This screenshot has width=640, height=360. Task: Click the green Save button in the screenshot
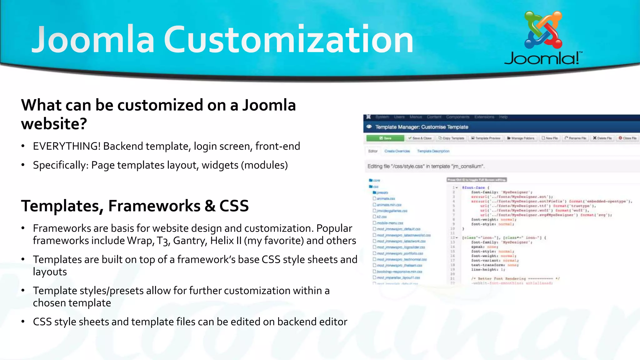click(385, 138)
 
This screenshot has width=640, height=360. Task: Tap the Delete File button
click(602, 138)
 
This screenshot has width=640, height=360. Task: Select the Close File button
click(627, 138)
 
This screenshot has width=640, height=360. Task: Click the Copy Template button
click(451, 138)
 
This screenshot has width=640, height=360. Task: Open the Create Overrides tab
click(397, 151)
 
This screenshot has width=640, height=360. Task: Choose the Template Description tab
click(433, 151)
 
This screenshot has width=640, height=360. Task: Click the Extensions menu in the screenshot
click(484, 117)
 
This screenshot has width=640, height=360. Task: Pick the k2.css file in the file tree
click(381, 217)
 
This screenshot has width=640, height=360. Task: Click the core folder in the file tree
click(376, 180)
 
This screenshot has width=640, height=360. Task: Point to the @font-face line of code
click(473, 187)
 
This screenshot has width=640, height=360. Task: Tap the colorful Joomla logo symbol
click(543, 30)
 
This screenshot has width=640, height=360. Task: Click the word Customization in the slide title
click(288, 40)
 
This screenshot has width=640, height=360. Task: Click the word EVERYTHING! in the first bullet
click(67, 146)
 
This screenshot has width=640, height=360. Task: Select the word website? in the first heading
click(54, 124)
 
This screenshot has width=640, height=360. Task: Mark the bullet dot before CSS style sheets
click(23, 322)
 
